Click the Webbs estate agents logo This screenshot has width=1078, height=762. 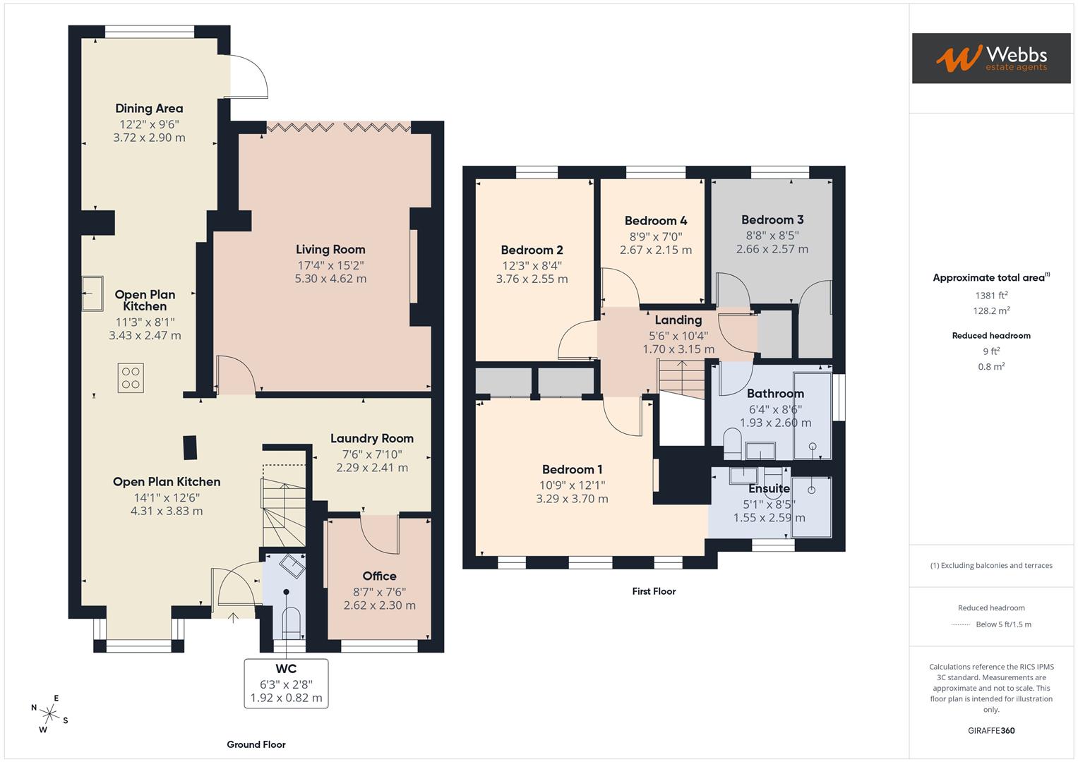coord(990,58)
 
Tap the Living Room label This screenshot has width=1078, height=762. coord(330,249)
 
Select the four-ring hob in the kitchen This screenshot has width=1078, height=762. coord(131,377)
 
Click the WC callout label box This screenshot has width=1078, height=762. coord(286,683)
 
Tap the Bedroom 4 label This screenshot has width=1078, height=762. coord(656,220)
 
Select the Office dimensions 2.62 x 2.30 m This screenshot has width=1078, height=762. coord(379,605)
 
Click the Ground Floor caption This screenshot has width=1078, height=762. coord(256,744)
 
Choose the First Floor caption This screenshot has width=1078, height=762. coord(654,591)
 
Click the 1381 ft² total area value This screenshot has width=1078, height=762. coord(991,296)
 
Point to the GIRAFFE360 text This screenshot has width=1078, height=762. coord(991,730)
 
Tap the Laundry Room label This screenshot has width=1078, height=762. coord(372,438)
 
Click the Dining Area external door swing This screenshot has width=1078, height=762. coord(248,76)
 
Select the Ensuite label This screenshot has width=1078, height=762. coord(769,488)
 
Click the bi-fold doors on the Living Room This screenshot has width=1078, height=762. coord(339,128)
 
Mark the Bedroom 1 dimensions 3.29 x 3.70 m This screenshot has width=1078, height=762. coord(572,499)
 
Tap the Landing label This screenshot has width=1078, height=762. coord(678,320)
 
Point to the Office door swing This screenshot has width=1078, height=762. coord(380,535)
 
